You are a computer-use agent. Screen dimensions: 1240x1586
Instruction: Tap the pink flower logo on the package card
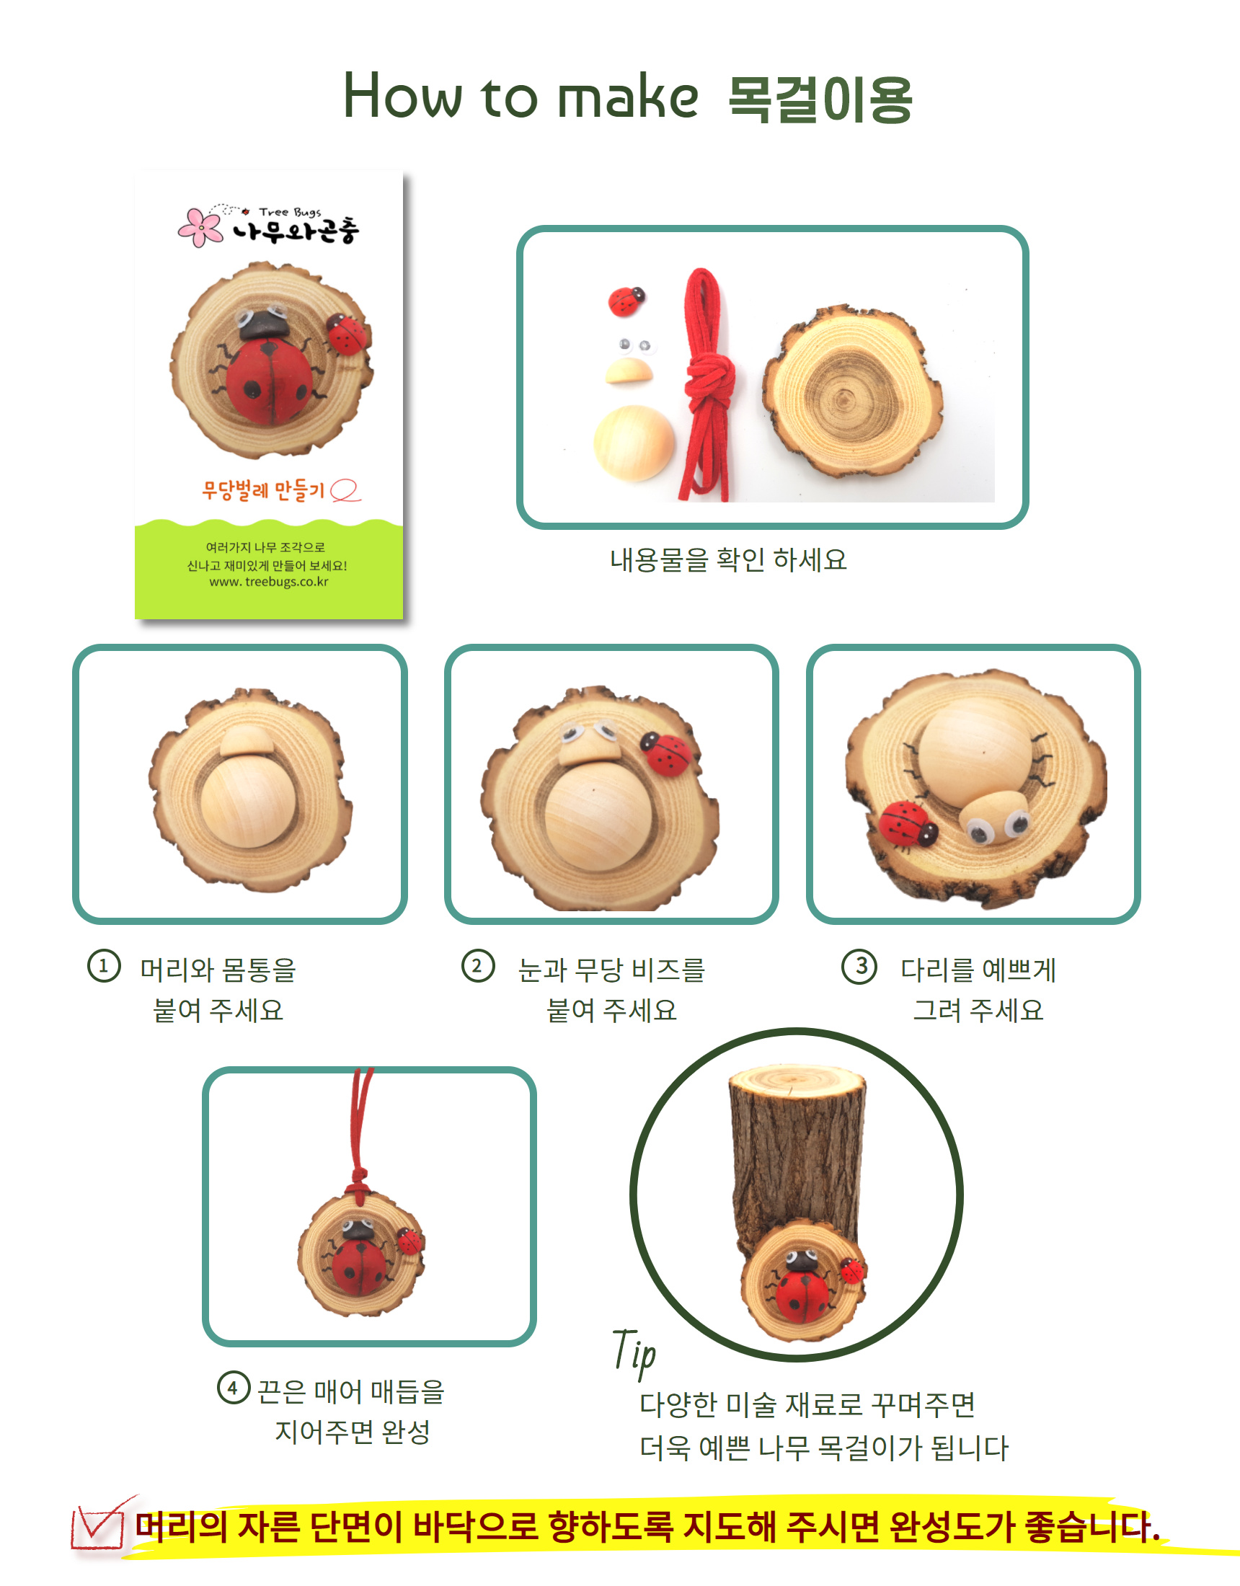(x=200, y=226)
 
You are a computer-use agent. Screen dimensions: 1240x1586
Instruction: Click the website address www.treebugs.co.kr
(x=269, y=582)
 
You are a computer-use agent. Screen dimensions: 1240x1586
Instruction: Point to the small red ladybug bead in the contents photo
(x=626, y=300)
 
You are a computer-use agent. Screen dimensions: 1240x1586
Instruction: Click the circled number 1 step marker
(x=104, y=967)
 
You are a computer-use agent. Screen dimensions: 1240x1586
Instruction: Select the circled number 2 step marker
(x=478, y=967)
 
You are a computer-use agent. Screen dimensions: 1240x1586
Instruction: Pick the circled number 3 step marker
(x=859, y=967)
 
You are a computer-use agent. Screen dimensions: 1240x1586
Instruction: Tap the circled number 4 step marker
(x=233, y=1388)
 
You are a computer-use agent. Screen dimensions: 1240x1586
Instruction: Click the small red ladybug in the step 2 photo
(x=665, y=754)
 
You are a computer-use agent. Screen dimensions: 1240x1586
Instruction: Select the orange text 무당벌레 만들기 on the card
(x=263, y=489)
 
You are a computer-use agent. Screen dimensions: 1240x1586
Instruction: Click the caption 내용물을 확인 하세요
(x=728, y=559)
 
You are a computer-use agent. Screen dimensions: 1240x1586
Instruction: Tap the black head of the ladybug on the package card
(x=265, y=324)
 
